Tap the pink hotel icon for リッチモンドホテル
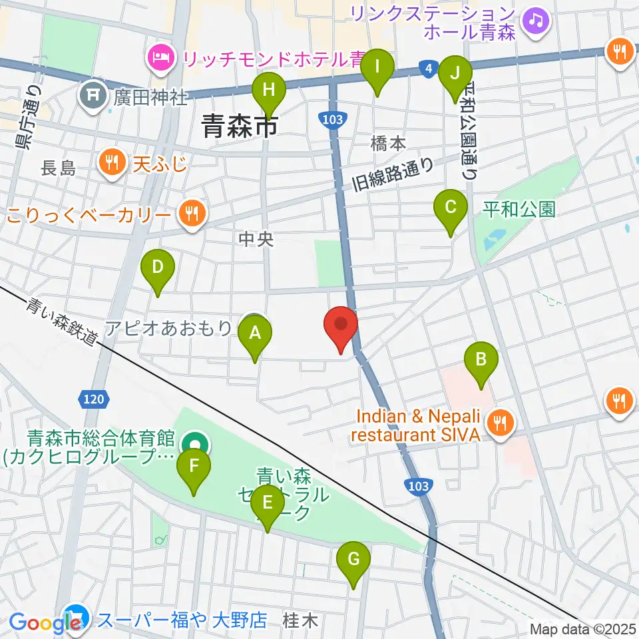[x=160, y=58]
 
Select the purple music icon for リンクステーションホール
[x=536, y=19]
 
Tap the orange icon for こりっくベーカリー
[x=192, y=213]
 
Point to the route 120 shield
[x=93, y=399]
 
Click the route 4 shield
[x=426, y=68]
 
